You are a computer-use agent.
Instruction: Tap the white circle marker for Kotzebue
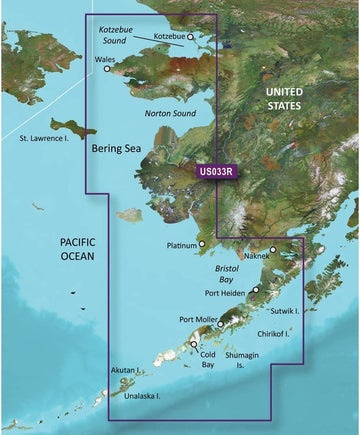[191, 37]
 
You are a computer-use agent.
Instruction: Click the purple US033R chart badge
[216, 172]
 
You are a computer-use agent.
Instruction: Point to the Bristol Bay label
[231, 276]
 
